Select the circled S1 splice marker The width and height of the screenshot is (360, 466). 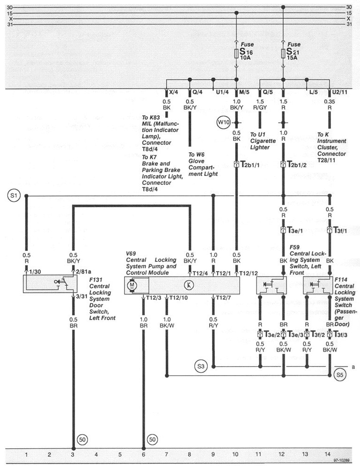14,196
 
